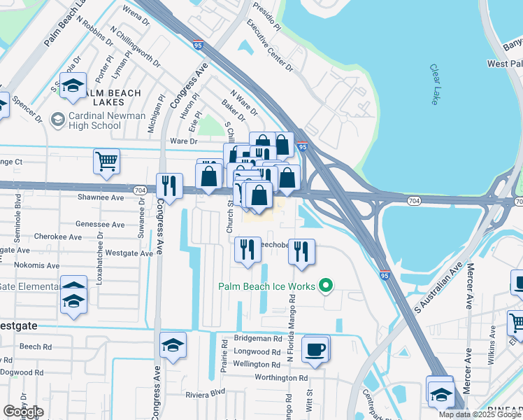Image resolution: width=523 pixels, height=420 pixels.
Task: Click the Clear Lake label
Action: pyautogui.click(x=434, y=85)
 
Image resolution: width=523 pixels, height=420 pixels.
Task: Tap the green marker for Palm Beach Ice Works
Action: pyautogui.click(x=324, y=286)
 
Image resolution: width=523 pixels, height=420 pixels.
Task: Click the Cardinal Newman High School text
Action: pyautogui.click(x=107, y=120)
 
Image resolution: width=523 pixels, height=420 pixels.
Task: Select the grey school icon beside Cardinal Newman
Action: pyautogui.click(x=57, y=120)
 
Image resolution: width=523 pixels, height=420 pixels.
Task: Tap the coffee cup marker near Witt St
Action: pyautogui.click(x=315, y=349)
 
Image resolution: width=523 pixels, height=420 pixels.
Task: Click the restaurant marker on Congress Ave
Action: pyautogui.click(x=169, y=185)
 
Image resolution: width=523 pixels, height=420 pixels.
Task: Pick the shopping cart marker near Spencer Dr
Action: pyautogui.click(x=106, y=161)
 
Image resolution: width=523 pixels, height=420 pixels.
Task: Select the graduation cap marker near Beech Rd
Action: pyautogui.click(x=173, y=344)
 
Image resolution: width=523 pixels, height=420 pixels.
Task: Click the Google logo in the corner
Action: pyautogui.click(x=23, y=412)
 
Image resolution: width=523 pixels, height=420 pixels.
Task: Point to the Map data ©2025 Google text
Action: pyautogui.click(x=480, y=414)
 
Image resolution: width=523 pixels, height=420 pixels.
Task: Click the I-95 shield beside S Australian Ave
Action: pyautogui.click(x=385, y=275)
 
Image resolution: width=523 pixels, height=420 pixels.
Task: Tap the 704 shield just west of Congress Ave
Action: pyautogui.click(x=141, y=189)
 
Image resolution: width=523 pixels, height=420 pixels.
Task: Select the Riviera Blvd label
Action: pyautogui.click(x=206, y=394)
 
